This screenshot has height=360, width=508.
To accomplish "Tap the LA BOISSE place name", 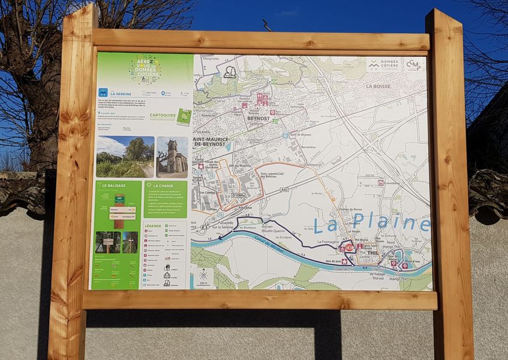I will pos(378,86).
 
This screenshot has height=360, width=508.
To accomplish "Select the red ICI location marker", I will pos(350,247).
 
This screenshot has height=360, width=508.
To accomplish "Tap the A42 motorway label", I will pos(284,189).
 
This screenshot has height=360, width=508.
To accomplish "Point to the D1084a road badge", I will pos(238,195).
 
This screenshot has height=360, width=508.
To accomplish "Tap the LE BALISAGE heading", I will pos(114,186).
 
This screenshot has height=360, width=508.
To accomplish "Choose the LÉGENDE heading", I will pos(153,226).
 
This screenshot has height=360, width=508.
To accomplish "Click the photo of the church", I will pos(172,157).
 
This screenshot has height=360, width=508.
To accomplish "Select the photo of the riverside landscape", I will pos(124,157).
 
